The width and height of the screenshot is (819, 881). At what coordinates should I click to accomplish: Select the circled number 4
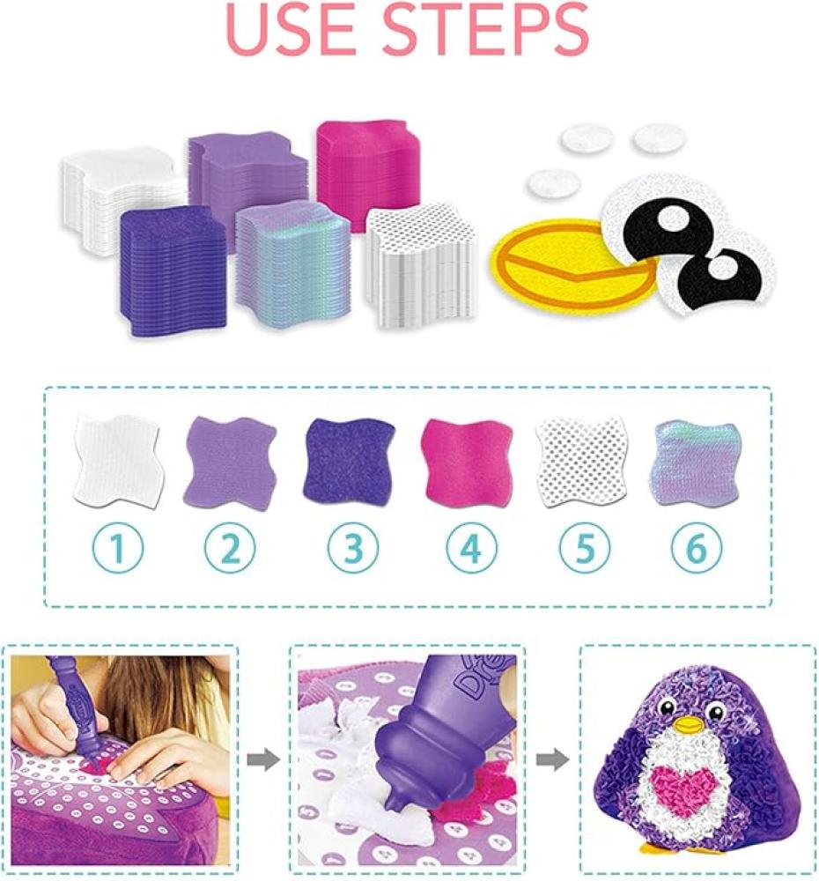pos(472,548)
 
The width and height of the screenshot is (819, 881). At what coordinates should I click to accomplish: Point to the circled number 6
pos(697,548)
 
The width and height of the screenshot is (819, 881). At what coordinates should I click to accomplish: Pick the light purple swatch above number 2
pos(231,459)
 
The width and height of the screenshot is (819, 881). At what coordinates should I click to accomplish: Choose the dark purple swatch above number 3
pos(349,461)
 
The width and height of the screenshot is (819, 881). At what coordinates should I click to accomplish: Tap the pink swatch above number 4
pos(468,461)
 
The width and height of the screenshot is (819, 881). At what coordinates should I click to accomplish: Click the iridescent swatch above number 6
pos(697,463)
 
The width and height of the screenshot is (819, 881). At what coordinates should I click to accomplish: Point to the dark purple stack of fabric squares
pos(173,269)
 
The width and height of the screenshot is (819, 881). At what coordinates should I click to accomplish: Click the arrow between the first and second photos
pos(263,761)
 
